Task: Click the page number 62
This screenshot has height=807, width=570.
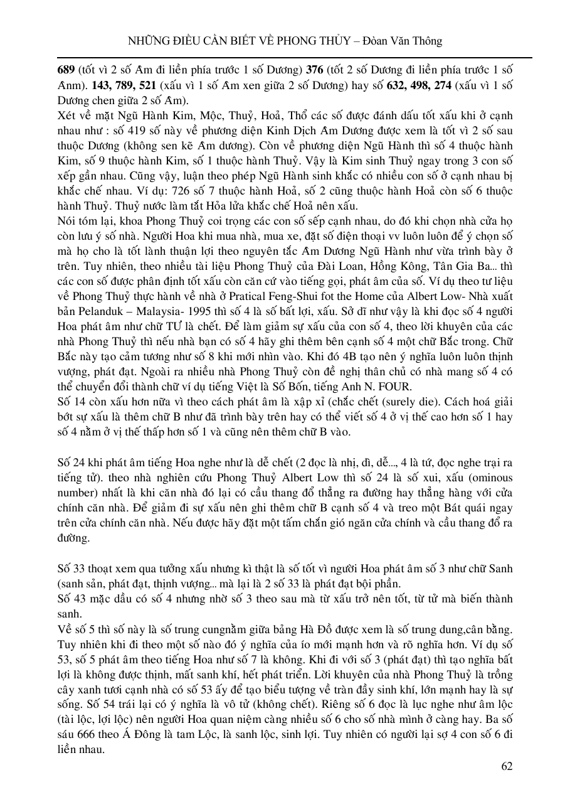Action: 507,766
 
